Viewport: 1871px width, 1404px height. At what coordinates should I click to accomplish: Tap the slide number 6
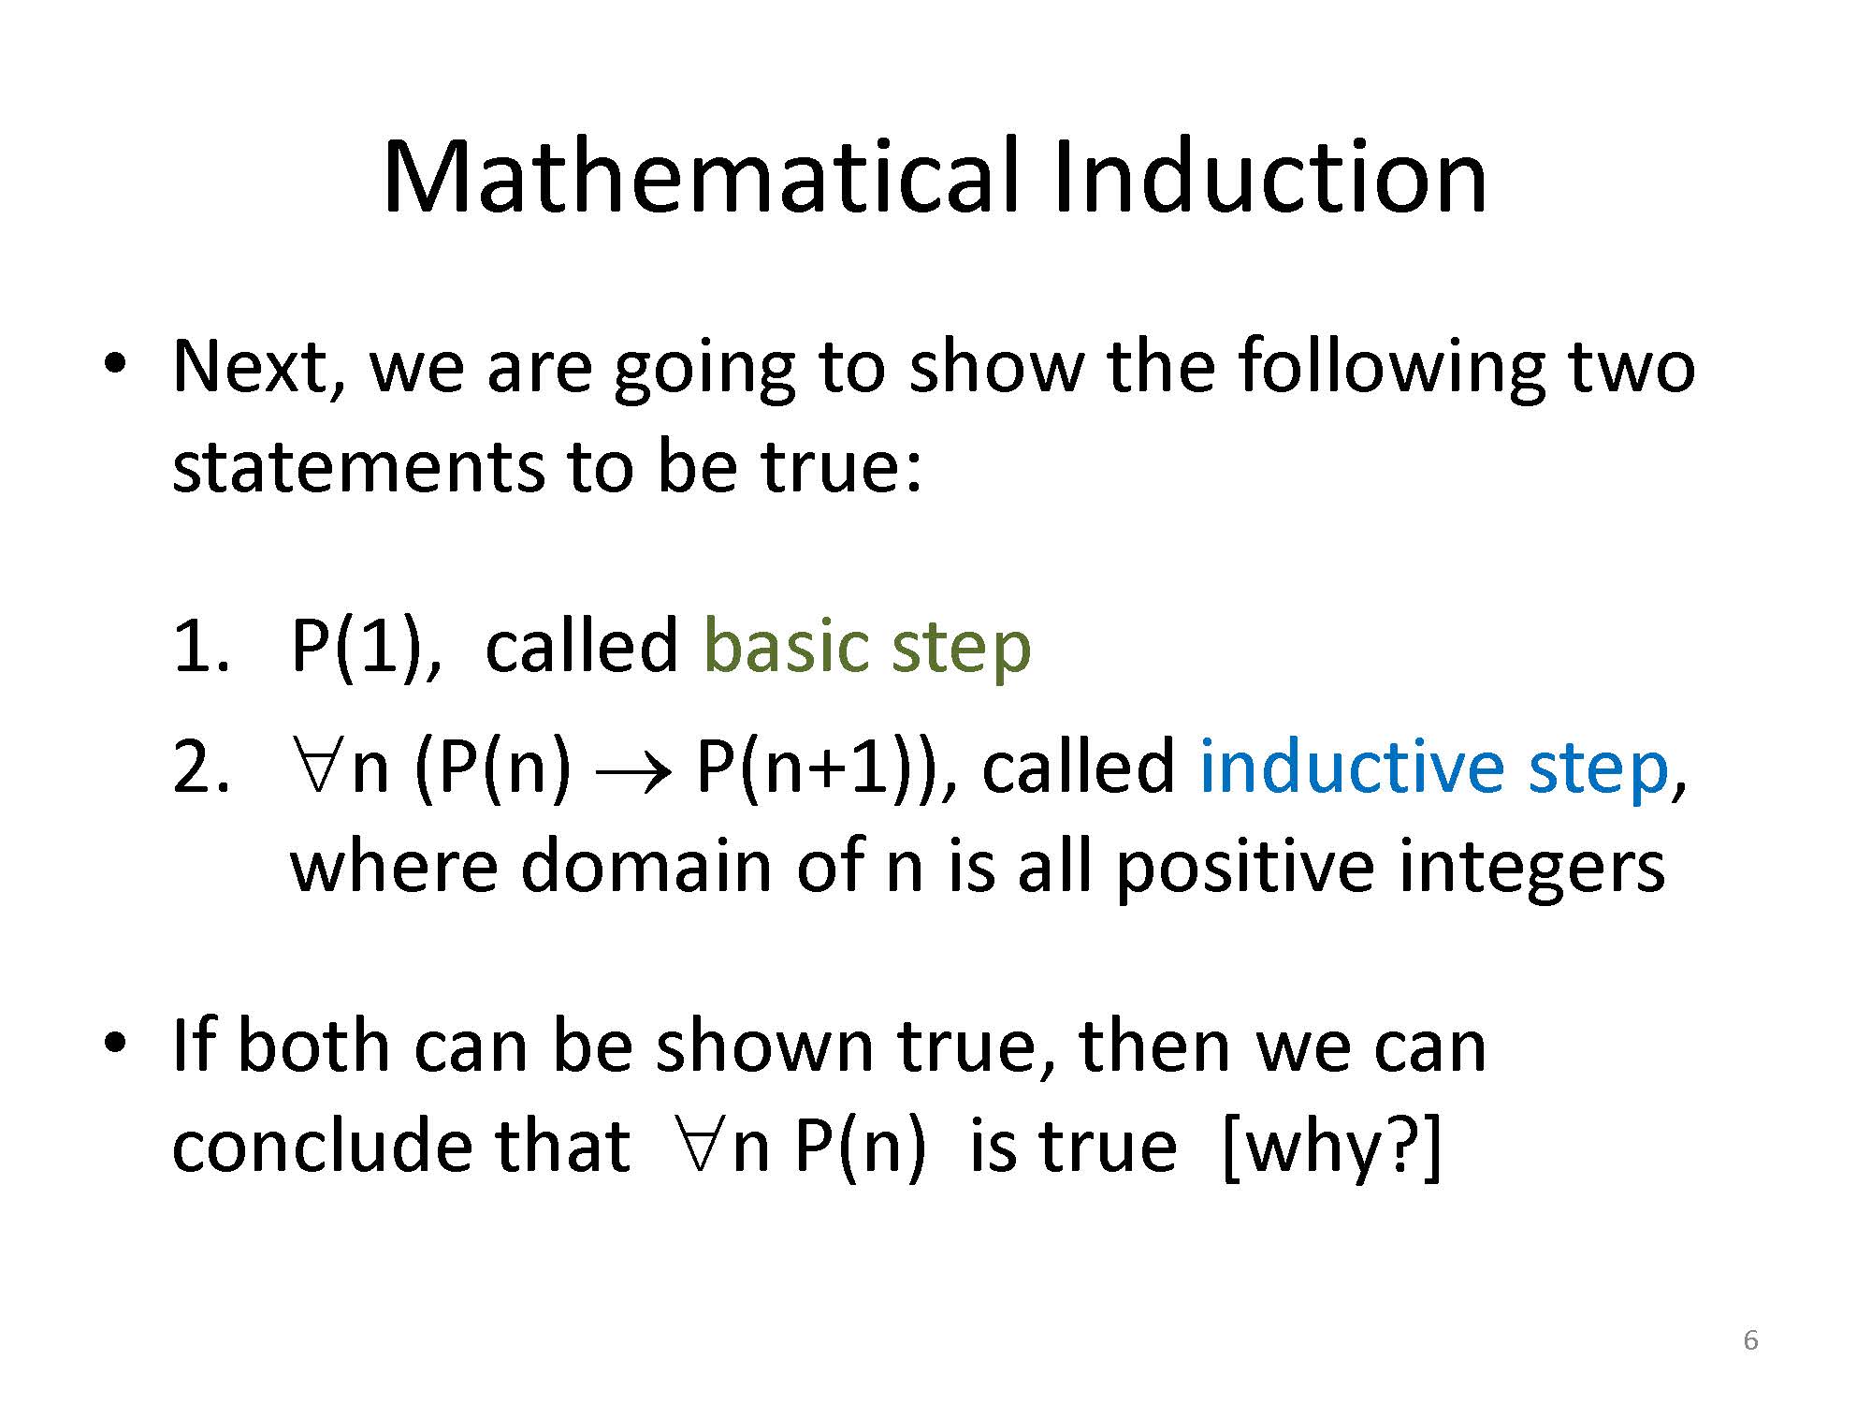point(1750,1340)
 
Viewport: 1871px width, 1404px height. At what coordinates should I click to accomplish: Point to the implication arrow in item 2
point(633,772)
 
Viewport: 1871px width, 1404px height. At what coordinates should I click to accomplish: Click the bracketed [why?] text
point(1332,1148)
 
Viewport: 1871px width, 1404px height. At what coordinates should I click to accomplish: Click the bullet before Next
point(114,365)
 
